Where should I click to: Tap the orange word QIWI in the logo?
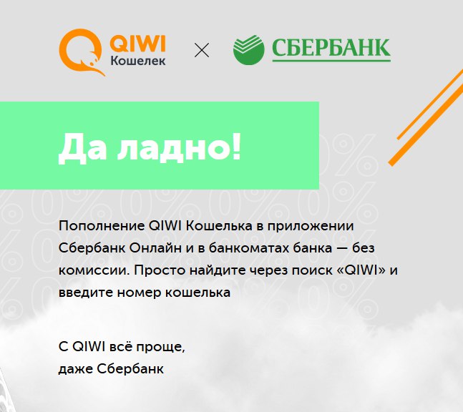tap(137, 44)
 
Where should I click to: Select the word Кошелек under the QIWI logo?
tap(138, 61)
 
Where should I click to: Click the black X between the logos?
tap(202, 50)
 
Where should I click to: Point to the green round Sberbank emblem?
tap(248, 49)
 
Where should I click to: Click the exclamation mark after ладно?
tap(236, 146)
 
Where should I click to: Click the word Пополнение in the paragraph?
tap(102, 226)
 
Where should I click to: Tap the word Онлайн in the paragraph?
tap(155, 248)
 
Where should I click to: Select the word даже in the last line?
tap(76, 369)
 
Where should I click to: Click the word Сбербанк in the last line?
tap(130, 369)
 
